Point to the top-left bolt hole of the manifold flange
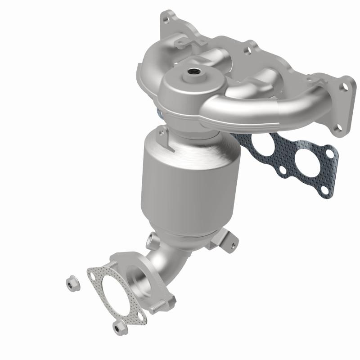[169, 19]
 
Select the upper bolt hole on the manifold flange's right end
[345, 89]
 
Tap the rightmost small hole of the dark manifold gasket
[331, 154]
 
